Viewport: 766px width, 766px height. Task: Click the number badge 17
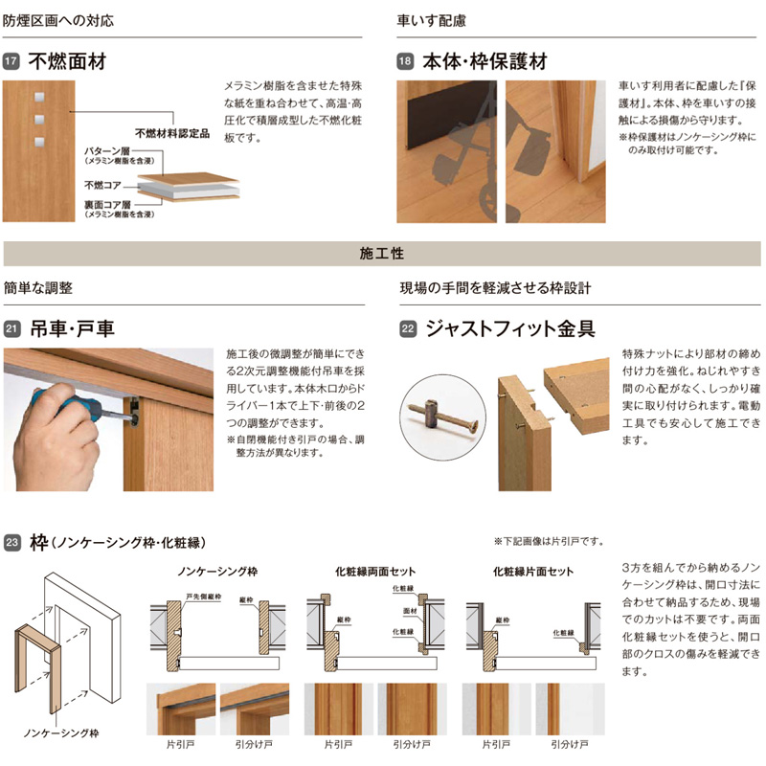click(x=12, y=63)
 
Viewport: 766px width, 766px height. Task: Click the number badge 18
click(x=406, y=63)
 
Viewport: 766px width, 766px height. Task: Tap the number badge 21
click(x=12, y=329)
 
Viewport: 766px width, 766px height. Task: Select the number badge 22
click(x=407, y=329)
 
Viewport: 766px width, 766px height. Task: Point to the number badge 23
click(x=12, y=544)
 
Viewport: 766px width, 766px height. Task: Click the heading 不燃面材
click(x=66, y=63)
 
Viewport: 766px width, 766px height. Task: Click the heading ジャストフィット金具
click(x=509, y=329)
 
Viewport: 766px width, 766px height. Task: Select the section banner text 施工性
click(x=382, y=254)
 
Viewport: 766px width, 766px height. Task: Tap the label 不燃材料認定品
click(x=171, y=134)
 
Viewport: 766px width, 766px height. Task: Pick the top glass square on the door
click(x=39, y=97)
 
